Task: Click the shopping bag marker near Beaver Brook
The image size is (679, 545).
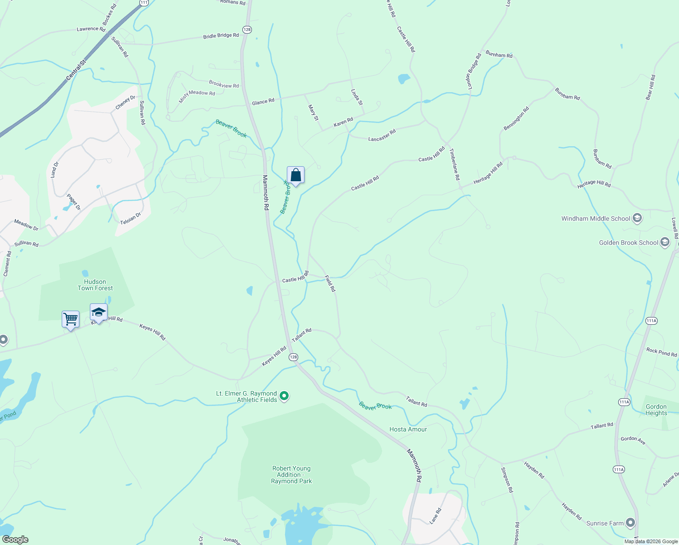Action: [295, 175]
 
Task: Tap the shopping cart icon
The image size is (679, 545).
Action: [70, 319]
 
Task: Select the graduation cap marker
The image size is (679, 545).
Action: [98, 312]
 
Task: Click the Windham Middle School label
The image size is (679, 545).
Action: [595, 218]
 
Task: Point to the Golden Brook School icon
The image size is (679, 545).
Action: [665, 242]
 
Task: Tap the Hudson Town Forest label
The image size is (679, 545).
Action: [95, 285]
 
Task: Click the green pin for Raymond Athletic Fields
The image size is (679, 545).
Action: [284, 396]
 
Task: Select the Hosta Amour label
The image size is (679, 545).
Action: [408, 429]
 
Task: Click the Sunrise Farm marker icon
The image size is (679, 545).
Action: [630, 523]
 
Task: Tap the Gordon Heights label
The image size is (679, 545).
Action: [656, 410]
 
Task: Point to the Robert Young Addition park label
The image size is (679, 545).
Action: [291, 475]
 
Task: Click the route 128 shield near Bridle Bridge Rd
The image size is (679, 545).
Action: [247, 30]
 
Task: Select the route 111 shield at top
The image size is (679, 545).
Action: [144, 3]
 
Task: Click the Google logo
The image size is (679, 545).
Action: [15, 540]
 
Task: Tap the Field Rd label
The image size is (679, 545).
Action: [330, 283]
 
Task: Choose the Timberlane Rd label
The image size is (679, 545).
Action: [454, 164]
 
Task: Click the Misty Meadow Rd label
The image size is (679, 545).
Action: [197, 95]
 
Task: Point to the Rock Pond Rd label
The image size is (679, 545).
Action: [661, 352]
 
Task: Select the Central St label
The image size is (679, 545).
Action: [76, 70]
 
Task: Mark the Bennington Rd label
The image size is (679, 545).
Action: [516, 119]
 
